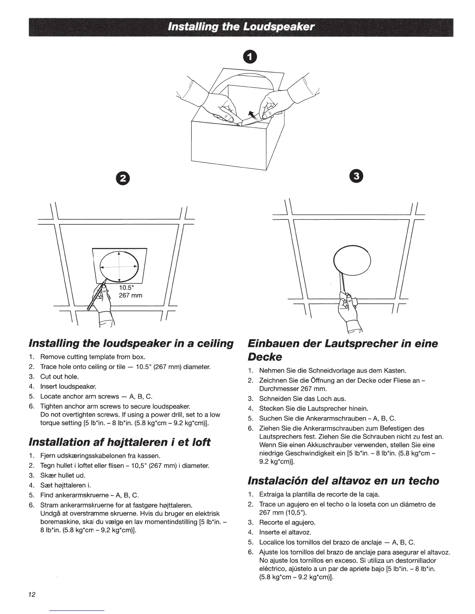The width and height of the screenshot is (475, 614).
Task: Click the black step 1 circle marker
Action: click(250, 57)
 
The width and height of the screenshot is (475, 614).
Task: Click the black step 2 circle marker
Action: click(123, 178)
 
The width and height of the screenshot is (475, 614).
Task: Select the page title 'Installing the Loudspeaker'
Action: click(241, 27)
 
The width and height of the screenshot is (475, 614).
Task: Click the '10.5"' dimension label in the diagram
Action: click(127, 288)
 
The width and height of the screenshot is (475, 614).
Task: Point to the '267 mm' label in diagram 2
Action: click(130, 295)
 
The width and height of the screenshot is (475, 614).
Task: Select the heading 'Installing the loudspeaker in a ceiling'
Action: click(131, 343)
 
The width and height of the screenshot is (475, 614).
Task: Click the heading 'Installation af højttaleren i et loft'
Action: click(120, 442)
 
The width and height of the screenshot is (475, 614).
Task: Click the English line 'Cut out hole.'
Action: click(59, 376)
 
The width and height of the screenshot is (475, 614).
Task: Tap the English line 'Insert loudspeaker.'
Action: click(68, 386)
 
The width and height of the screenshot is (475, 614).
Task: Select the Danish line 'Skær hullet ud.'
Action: click(62, 475)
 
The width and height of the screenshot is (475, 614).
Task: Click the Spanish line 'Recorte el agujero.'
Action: click(287, 523)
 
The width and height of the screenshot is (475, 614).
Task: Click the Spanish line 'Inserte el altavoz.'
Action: click(285, 532)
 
